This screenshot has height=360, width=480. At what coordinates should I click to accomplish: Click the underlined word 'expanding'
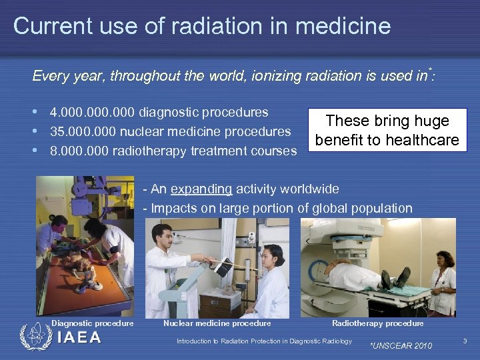[201, 189]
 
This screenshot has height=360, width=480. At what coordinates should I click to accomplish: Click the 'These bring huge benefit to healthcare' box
[387, 131]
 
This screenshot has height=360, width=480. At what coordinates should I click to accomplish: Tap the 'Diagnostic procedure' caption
[93, 323]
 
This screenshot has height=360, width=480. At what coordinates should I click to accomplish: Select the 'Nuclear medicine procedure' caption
[217, 323]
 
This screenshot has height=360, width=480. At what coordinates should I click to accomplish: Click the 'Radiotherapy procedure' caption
[377, 323]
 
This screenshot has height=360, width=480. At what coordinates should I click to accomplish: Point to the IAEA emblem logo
[33, 337]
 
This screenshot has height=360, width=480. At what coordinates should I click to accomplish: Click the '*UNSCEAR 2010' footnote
[400, 345]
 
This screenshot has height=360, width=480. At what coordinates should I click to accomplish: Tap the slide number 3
[465, 341]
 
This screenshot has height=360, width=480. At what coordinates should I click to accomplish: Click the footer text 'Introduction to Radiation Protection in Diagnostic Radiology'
[264, 341]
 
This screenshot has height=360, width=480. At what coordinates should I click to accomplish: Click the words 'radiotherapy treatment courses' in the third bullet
[205, 151]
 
